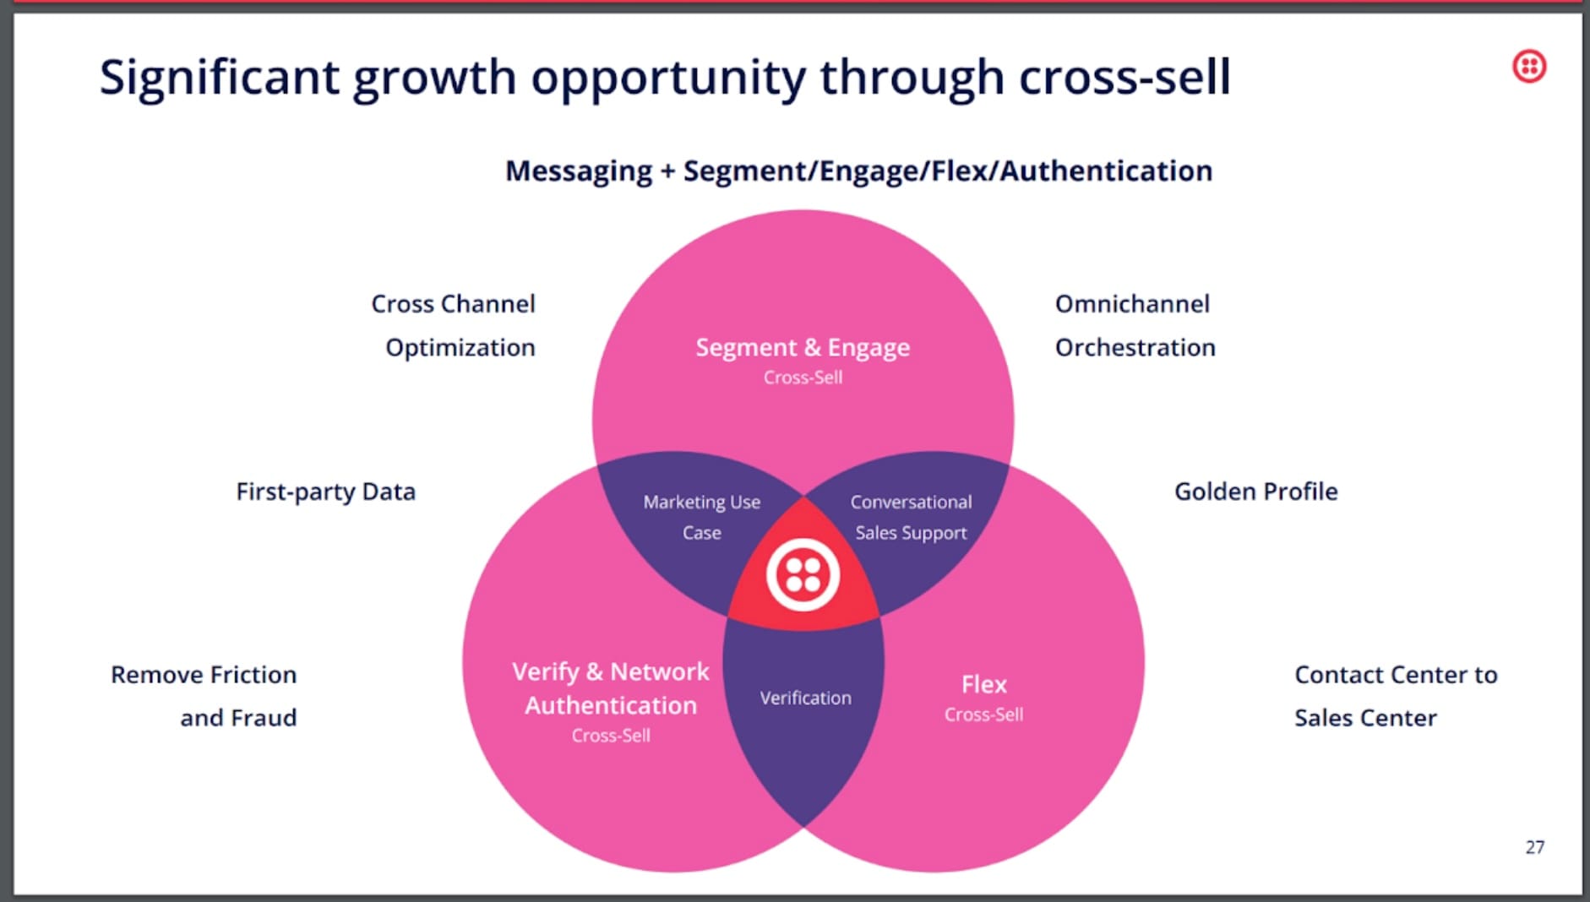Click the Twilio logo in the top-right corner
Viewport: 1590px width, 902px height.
tap(1528, 66)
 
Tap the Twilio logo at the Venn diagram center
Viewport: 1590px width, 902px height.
tap(803, 575)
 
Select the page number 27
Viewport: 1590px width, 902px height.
tap(1534, 847)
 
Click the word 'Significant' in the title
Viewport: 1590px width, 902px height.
tap(219, 78)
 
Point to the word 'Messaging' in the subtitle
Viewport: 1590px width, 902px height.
tap(578, 171)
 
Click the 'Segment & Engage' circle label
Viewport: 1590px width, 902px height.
tap(803, 347)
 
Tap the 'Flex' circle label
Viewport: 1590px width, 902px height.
tap(983, 684)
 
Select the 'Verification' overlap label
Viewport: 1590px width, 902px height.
tap(805, 698)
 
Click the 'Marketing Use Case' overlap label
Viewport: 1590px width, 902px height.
tap(701, 517)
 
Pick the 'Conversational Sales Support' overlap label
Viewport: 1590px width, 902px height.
tap(911, 517)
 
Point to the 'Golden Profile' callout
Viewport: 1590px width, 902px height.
tap(1255, 492)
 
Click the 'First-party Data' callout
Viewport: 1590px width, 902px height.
tap(325, 492)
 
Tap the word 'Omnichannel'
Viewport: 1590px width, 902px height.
tap(1132, 304)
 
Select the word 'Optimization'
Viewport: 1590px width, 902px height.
tap(460, 348)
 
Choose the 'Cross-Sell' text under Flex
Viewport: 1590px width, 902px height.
tap(983, 715)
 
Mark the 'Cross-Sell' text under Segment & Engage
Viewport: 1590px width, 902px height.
tap(803, 378)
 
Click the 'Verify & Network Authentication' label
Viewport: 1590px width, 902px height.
tap(611, 688)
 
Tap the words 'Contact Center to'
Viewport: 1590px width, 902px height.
tap(1396, 675)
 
